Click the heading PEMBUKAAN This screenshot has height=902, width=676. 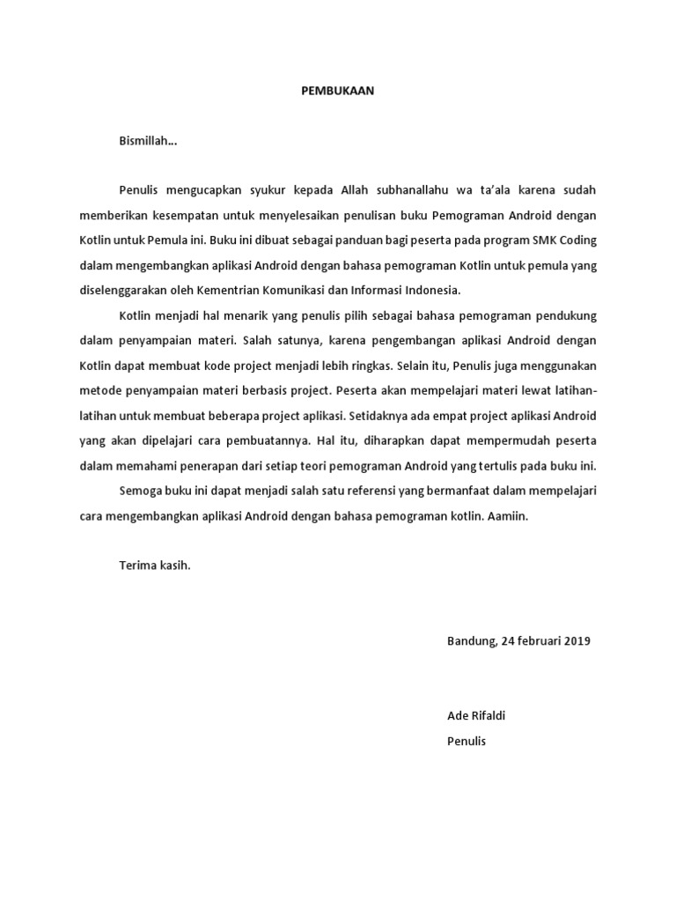coord(339,91)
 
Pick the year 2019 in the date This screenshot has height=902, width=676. coord(574,641)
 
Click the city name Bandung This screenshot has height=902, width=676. coord(471,641)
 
